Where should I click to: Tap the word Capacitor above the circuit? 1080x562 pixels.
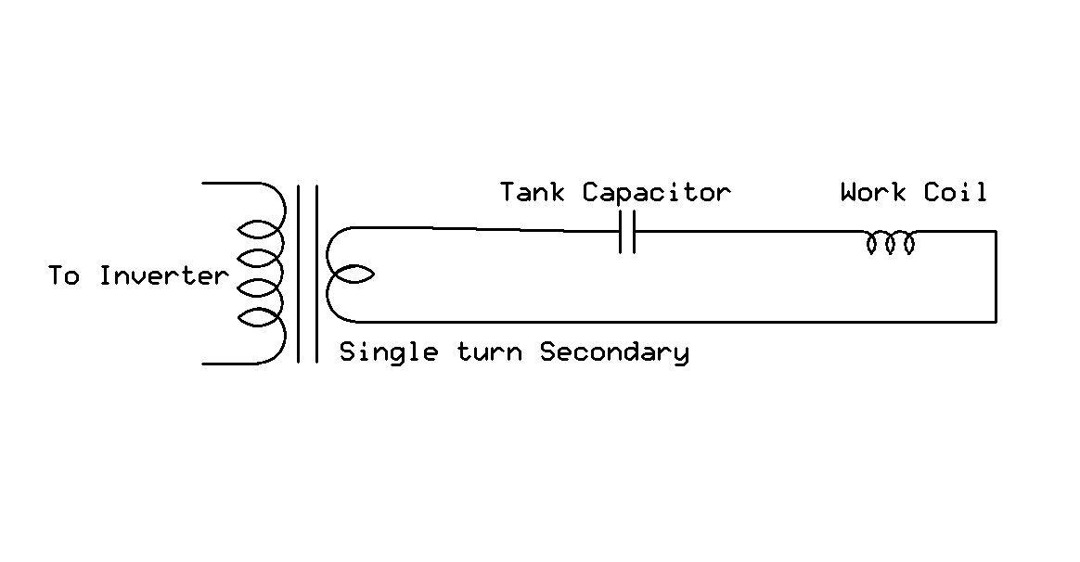[x=656, y=193]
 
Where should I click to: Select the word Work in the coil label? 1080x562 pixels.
[x=872, y=193]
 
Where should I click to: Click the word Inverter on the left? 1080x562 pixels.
[x=163, y=276]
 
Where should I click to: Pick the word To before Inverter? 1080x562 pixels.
[x=64, y=276]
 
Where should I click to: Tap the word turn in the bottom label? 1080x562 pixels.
[x=490, y=352]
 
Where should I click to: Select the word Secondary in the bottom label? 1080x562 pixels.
[x=614, y=352]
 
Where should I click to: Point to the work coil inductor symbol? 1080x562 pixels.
[x=890, y=243]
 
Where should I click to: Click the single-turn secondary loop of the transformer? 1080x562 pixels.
[x=350, y=275]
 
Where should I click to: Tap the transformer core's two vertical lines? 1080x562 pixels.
[x=307, y=275]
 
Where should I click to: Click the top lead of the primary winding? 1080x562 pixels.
[x=227, y=184]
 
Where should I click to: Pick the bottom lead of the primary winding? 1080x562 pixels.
[x=227, y=364]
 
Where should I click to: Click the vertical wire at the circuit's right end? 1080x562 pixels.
[x=996, y=276]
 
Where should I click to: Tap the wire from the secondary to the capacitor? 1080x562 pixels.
[x=482, y=229]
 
